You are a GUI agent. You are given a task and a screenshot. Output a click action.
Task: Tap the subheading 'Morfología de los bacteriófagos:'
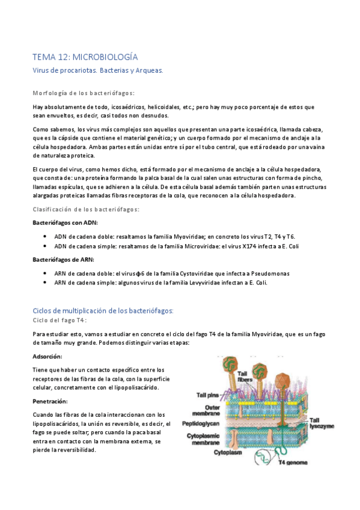[83, 93]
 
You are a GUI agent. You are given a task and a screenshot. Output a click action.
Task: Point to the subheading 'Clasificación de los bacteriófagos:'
[86, 209]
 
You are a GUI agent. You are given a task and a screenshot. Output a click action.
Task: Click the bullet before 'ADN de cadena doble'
[46, 236]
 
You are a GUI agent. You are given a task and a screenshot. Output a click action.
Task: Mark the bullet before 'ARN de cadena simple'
[46, 283]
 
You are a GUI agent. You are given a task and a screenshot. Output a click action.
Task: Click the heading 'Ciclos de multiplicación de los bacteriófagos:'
[103, 310]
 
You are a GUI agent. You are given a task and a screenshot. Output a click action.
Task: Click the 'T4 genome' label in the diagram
[294, 462]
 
